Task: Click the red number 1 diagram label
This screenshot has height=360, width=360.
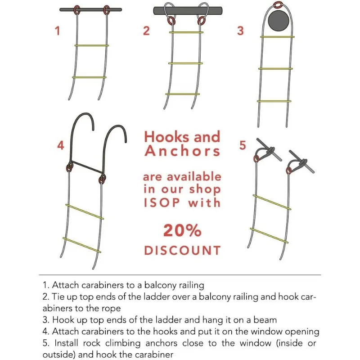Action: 57,31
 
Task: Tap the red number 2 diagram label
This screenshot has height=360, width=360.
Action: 146,31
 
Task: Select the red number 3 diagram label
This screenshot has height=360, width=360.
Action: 241,31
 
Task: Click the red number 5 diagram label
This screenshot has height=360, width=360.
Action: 243,146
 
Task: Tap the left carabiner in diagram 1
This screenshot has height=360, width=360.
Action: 77,9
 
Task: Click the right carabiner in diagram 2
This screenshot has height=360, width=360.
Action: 200,22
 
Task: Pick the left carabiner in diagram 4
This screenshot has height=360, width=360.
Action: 70,167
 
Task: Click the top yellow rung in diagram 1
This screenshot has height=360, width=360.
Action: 92,45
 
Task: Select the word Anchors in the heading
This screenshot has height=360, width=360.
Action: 182,151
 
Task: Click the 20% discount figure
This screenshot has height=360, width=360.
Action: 182,230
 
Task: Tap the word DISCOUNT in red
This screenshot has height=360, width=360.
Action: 182,250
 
